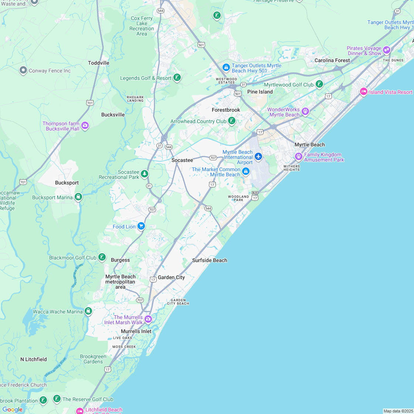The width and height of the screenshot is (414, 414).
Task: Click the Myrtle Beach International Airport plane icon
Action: (258, 157)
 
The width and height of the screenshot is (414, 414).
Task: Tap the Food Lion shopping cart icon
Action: (141, 226)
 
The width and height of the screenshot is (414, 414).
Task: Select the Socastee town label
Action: (182, 160)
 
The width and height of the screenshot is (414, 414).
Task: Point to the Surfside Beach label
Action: (210, 260)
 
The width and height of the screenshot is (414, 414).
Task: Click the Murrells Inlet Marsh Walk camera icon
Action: (148, 319)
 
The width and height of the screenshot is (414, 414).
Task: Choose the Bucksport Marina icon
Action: (78, 197)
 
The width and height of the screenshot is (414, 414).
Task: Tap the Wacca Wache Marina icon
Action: (88, 311)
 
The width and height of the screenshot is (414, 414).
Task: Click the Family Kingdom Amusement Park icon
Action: (299, 156)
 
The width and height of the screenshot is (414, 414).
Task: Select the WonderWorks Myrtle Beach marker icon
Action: (305, 111)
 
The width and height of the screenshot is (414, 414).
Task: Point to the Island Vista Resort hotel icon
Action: (363, 91)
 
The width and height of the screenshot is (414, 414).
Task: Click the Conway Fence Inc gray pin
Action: (23, 70)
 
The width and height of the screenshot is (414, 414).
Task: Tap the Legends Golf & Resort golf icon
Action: (177, 77)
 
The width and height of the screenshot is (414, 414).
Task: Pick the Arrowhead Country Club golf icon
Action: (232, 121)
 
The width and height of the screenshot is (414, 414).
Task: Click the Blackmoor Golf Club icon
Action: (102, 257)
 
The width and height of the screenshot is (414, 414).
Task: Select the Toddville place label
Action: (99, 63)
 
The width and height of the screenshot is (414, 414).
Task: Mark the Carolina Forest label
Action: (332, 60)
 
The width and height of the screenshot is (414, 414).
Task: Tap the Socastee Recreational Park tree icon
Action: (145, 173)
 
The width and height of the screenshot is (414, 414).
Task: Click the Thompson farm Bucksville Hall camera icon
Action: (85, 126)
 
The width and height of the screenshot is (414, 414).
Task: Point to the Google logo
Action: (13, 409)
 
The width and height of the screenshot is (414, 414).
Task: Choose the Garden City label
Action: (171, 277)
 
